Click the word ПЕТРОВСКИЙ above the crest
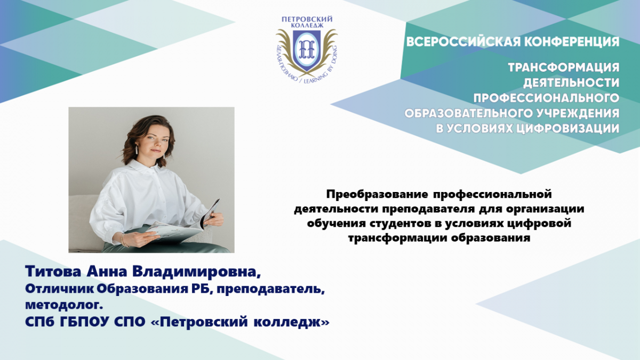tap(307, 19)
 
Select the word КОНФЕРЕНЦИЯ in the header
tap(569, 42)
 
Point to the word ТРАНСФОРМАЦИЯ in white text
tap(564, 67)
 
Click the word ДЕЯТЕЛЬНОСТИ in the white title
tap(571, 83)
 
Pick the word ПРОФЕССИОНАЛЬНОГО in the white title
tap(546, 98)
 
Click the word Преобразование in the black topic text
tap(378, 194)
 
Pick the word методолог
tap(64, 306)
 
